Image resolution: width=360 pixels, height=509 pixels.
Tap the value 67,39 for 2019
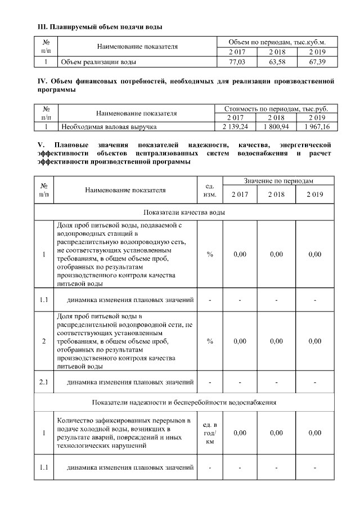pyautogui.click(x=317, y=62)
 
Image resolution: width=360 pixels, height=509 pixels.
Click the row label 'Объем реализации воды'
pyautogui.click(x=98, y=62)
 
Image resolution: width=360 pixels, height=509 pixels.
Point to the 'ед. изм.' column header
pyautogui.click(x=209, y=190)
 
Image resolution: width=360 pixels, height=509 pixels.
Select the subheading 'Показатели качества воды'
pyautogui.click(x=184, y=213)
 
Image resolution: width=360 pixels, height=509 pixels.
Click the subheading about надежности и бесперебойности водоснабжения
pyautogui.click(x=184, y=402)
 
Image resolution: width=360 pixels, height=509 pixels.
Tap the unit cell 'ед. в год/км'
pyautogui.click(x=209, y=433)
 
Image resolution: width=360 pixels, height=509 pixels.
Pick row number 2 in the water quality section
pyautogui.click(x=44, y=341)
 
